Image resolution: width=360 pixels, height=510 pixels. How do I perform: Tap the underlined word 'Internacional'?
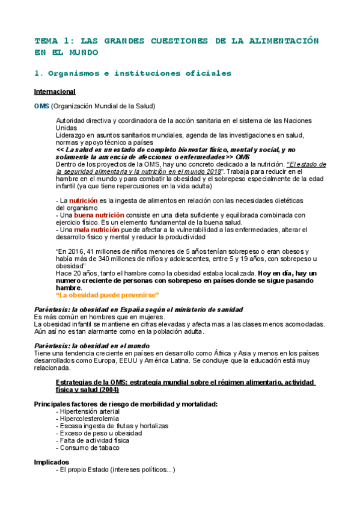[55, 91]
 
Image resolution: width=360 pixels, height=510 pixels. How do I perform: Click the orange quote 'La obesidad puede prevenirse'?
[106, 295]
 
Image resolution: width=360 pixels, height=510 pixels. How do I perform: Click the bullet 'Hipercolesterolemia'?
[89, 418]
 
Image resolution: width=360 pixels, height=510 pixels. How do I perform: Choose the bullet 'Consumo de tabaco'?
[88, 447]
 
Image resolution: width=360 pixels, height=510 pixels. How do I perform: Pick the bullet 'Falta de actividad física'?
[94, 440]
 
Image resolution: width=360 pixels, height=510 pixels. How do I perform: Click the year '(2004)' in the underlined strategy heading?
[125, 389]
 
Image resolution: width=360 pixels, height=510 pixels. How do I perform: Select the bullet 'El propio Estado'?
[115, 470]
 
